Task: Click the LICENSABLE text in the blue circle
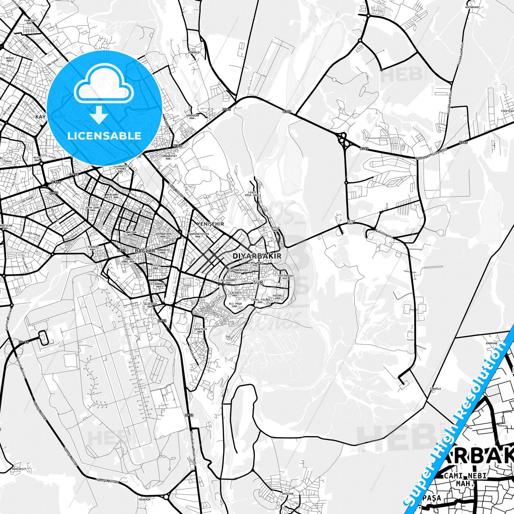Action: click(104, 136)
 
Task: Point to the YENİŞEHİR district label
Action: click(210, 224)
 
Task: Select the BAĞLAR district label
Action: click(145, 251)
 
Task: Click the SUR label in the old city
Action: click(258, 282)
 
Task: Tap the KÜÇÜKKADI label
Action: click(475, 7)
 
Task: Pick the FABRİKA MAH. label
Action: click(30, 22)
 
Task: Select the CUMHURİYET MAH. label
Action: click(166, 157)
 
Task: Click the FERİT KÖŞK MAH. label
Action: click(252, 194)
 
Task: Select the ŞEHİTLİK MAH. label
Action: click(200, 330)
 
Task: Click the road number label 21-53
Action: click(24, 342)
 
